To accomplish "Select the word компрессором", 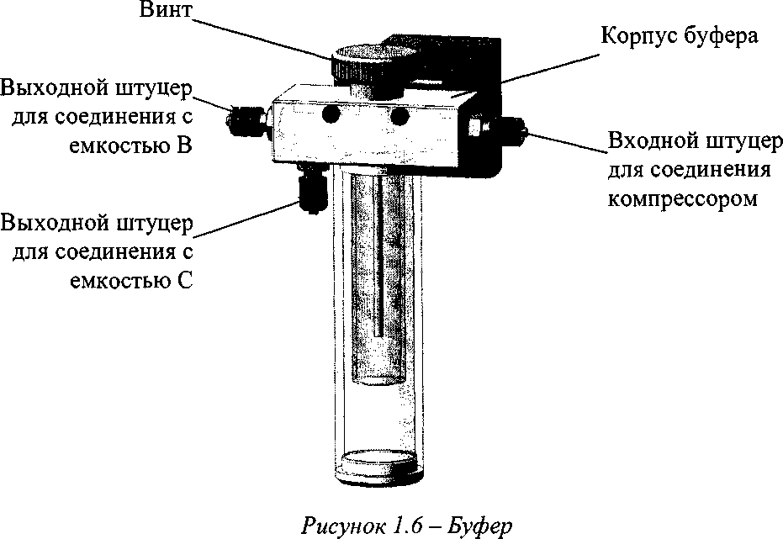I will [x=682, y=200].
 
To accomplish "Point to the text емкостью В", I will [x=127, y=146].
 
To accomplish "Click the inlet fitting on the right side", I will [x=505, y=129].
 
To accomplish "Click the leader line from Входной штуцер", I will [x=567, y=143].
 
